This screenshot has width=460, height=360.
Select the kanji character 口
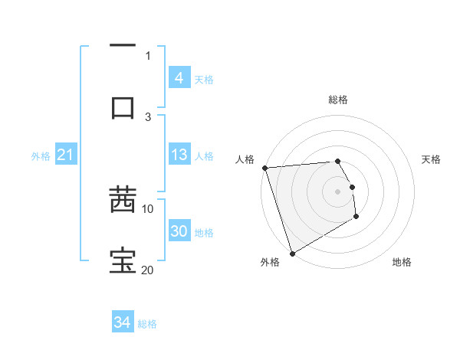(123, 107)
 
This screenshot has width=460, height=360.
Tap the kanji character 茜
(123, 201)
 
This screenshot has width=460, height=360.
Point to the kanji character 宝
(123, 261)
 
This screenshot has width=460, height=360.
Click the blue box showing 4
(179, 78)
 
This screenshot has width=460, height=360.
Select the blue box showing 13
(179, 155)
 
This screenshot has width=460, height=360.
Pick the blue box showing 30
(179, 231)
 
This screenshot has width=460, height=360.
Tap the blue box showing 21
(66, 155)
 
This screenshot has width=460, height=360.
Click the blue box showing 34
(123, 322)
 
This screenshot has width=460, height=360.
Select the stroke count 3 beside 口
(148, 116)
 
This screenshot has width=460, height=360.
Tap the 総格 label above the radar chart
(338, 100)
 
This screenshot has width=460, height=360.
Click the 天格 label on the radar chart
(432, 159)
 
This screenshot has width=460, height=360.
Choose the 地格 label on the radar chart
(402, 262)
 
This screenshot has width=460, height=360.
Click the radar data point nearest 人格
(264, 168)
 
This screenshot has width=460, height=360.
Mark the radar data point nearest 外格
(292, 253)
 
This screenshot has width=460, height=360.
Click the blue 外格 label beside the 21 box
(41, 155)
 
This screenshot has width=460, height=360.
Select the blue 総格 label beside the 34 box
(148, 324)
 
